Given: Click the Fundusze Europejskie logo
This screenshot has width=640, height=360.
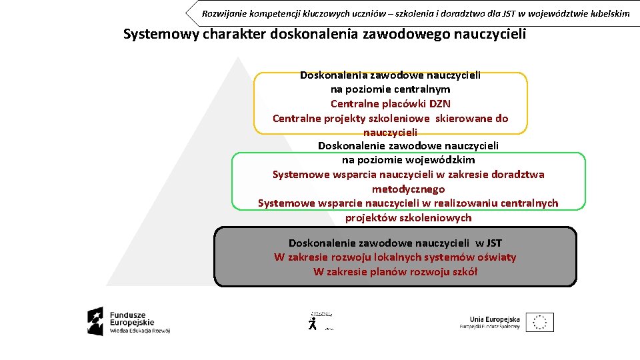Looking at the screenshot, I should [x=128, y=321].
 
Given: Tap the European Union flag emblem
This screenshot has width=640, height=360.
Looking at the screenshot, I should [x=539, y=322].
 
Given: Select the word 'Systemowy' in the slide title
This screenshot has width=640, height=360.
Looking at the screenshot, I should [x=161, y=34].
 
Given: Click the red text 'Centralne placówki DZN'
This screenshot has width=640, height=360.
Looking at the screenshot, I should [x=391, y=104].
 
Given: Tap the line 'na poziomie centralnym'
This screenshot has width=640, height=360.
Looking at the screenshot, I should [x=391, y=89].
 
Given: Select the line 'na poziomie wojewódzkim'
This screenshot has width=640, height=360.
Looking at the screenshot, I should [x=408, y=160].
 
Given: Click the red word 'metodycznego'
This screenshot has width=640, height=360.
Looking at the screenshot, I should [x=408, y=189].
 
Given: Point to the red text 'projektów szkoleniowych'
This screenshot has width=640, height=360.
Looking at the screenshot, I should [x=408, y=218].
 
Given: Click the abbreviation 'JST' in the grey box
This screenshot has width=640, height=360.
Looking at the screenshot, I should [x=493, y=243].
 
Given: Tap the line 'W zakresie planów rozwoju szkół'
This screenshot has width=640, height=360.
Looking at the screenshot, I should [x=395, y=272].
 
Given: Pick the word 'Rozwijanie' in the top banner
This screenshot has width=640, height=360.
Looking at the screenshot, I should [x=225, y=13].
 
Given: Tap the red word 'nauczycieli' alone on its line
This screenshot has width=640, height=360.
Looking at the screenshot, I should [x=391, y=133].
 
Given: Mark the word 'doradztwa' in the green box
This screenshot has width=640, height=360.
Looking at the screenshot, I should [x=517, y=175].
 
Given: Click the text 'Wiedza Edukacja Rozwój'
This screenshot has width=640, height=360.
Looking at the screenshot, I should [x=140, y=331].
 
